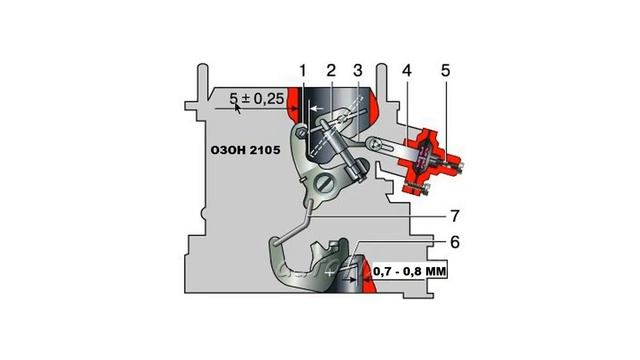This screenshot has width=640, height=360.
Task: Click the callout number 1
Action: [x=302, y=71]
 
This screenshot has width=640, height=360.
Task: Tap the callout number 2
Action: [x=331, y=71]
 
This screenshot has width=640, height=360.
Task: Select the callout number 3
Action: [x=358, y=71]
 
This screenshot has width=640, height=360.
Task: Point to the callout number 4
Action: [x=407, y=71]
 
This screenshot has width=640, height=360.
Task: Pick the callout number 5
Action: [x=445, y=71]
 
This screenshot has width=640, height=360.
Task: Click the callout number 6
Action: [x=455, y=242]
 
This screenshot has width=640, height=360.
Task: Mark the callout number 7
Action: [x=455, y=216]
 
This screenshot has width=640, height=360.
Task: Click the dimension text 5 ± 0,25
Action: [x=256, y=98]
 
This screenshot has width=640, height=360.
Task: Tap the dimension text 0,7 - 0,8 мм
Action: [x=409, y=271]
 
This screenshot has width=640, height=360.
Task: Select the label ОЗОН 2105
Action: [x=245, y=150]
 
